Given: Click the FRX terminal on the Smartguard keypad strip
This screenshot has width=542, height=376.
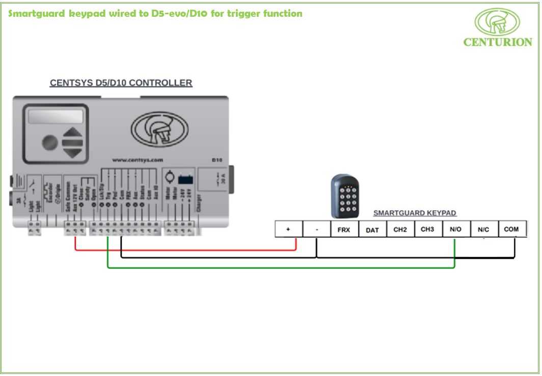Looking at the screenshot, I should tap(344, 229).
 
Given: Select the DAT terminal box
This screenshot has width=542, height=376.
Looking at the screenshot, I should tap(372, 230).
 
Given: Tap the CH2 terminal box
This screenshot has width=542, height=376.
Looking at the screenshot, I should tap(400, 229).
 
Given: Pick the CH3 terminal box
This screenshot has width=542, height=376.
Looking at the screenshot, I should tap(427, 229).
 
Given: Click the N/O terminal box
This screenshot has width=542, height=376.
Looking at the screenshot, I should tap(455, 229).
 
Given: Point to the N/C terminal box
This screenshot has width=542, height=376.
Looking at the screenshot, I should tap(483, 229).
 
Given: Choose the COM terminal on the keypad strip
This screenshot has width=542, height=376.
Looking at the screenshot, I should tap(511, 229).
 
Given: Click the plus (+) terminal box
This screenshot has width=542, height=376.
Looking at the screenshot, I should tap(288, 229).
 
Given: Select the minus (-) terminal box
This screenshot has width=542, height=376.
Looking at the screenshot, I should tap(316, 229).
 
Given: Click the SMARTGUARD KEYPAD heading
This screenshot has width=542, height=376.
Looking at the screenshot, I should tap(415, 213).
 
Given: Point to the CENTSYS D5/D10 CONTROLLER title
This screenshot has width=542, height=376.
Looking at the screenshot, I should tap(121, 83).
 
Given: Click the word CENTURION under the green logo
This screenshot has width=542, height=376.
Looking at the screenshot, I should tap(497, 42).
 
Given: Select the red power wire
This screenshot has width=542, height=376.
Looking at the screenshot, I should tap(183, 250).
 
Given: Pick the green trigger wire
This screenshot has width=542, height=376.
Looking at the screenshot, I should tap(280, 267).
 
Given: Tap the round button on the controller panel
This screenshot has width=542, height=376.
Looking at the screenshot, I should tap(49, 142).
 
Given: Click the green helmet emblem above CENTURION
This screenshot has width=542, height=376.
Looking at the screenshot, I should tap(497, 21).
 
